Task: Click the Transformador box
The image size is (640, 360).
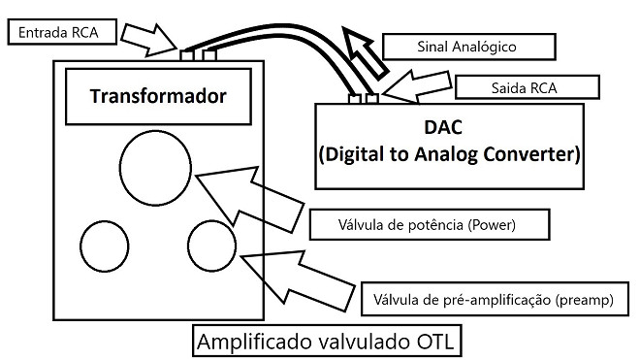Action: coord(158,97)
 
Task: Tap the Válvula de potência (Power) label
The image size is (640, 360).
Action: coord(427,225)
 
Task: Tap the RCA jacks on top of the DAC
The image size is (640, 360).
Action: coord(364,97)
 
